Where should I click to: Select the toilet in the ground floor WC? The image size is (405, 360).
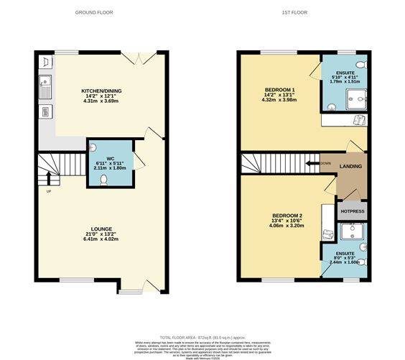[x=105, y=179]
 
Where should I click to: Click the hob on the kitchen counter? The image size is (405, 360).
[x=44, y=111]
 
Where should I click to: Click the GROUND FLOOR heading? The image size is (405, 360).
[x=93, y=13]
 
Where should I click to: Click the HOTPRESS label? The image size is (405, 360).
[x=352, y=212]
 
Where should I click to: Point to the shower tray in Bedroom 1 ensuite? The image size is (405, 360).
[x=355, y=101]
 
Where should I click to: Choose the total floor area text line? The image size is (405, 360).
[x=202, y=336]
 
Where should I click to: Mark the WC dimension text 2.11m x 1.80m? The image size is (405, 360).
[x=111, y=167]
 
